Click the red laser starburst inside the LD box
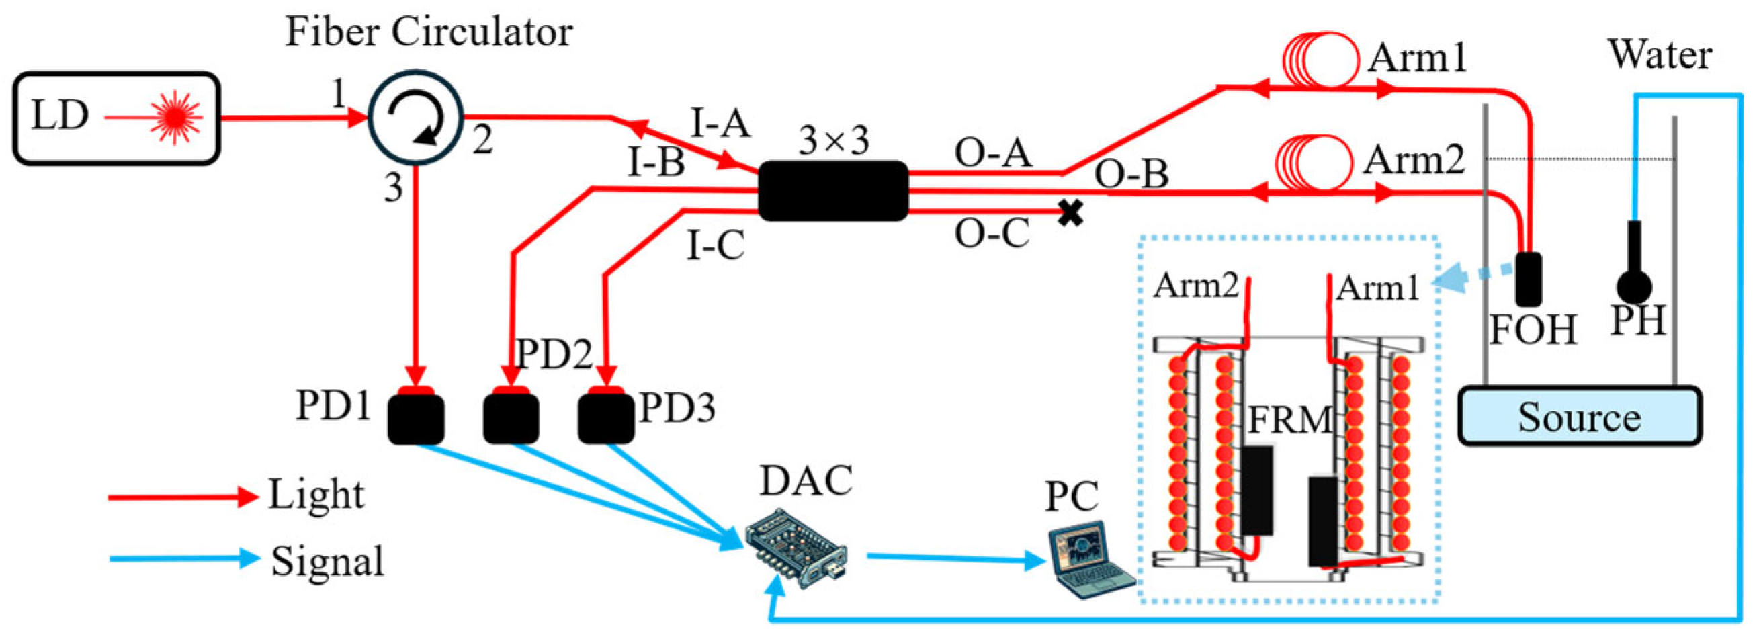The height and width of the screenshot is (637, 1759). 176,118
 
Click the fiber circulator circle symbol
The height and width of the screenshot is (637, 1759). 416,118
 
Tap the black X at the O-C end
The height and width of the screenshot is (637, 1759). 1071,214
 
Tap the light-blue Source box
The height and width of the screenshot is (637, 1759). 1579,417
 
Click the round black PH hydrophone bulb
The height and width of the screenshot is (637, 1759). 1634,287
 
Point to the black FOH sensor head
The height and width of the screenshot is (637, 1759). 1528,279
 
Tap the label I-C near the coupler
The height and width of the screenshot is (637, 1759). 715,246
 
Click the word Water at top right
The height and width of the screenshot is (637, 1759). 1660,54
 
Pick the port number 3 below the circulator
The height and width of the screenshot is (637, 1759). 393,187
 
